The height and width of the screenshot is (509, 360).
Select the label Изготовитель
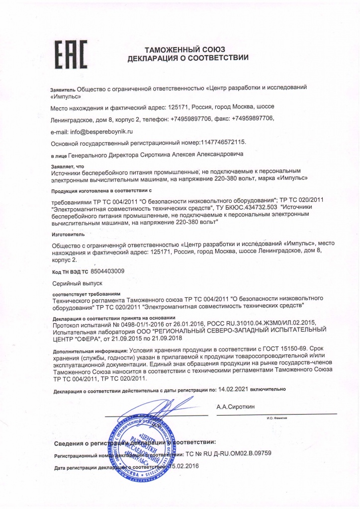(x=68, y=233)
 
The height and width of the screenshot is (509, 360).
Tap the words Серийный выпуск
(x=77, y=282)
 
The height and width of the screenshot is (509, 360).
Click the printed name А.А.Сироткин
(x=235, y=407)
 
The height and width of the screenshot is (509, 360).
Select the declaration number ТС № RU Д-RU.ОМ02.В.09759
(x=228, y=454)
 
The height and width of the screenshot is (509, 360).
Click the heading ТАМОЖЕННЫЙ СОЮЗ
(x=184, y=49)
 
